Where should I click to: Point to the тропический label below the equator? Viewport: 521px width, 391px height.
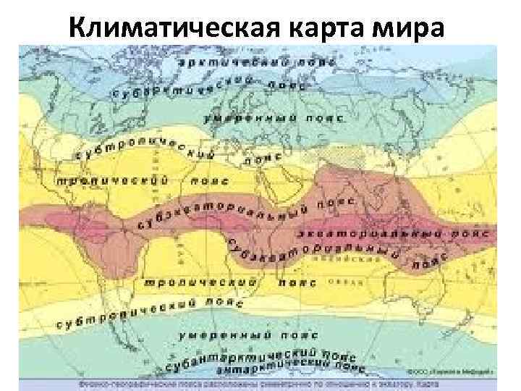point(191,279)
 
